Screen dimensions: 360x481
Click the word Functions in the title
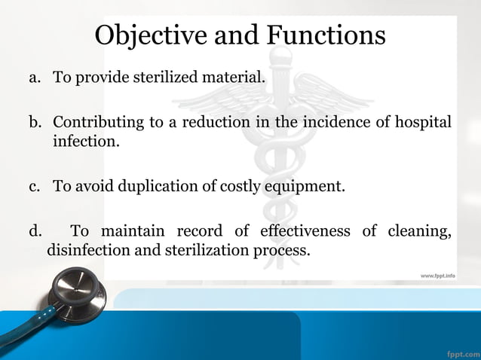pos(327,35)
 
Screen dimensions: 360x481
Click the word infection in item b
pos(84,141)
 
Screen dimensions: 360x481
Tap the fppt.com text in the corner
pos(461,352)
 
